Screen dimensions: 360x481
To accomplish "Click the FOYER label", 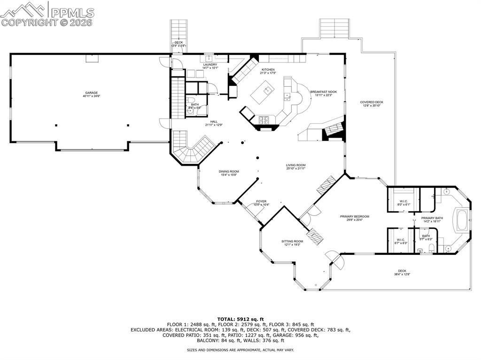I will tap(262, 203).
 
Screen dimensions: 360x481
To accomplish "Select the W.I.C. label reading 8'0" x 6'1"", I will tap(403, 203).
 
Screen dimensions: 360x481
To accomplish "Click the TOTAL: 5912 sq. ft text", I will tap(240, 319).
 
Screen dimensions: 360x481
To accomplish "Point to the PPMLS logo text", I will tap(73, 13).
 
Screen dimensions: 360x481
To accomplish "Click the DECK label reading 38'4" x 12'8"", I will tap(402, 272).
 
